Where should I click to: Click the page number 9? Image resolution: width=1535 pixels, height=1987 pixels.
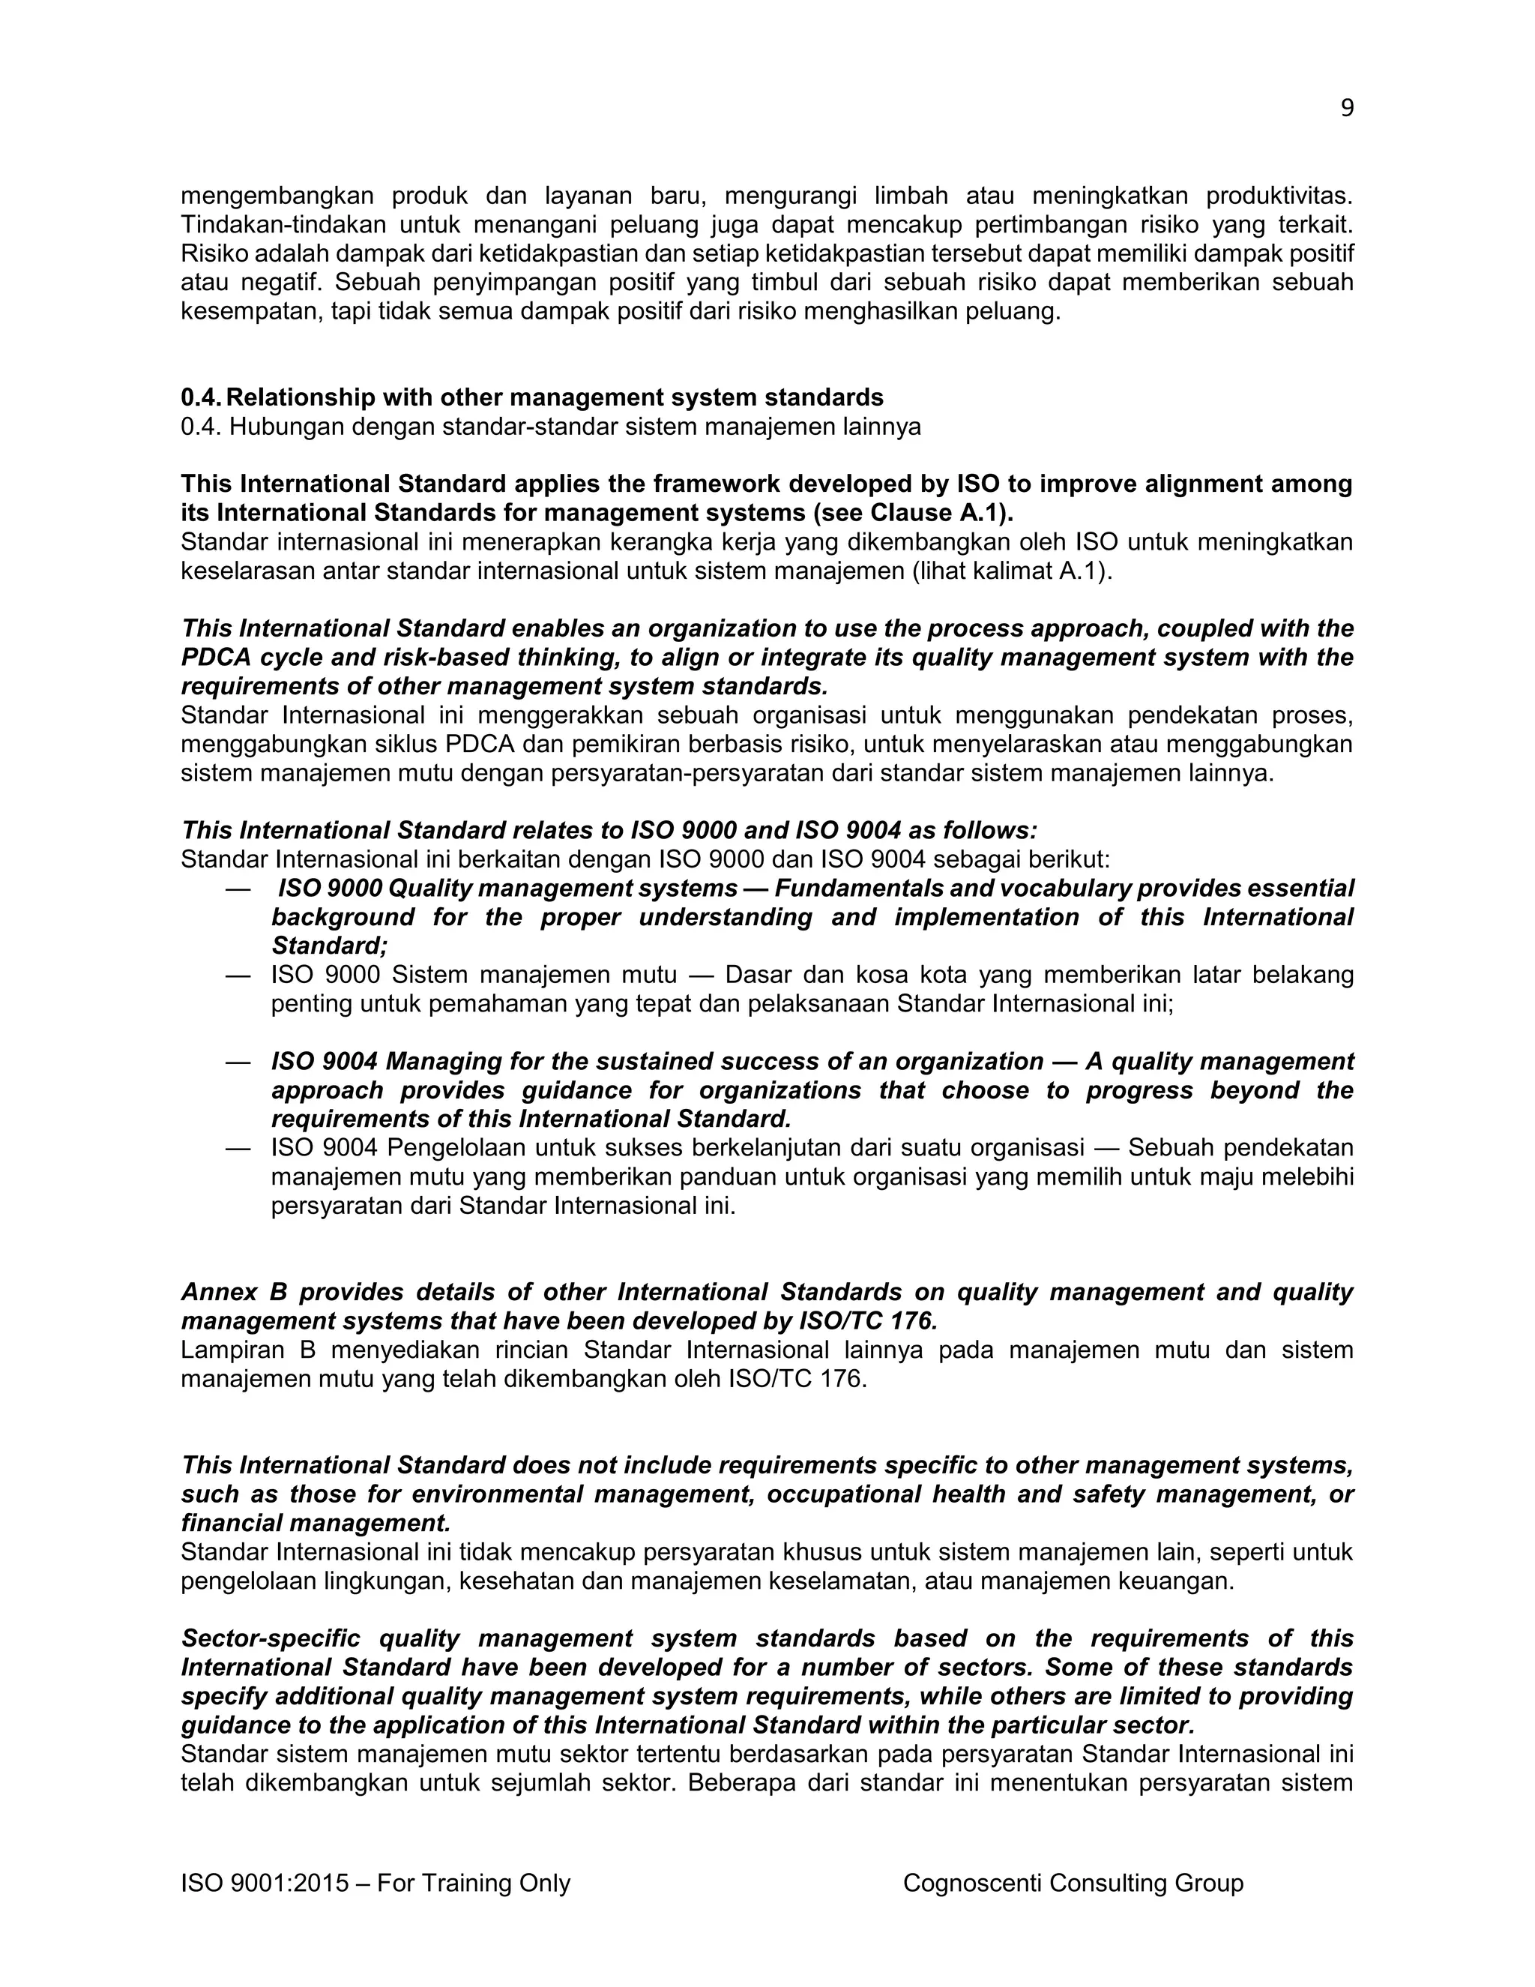1347,108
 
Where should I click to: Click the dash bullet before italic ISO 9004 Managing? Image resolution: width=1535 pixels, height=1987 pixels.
238,1062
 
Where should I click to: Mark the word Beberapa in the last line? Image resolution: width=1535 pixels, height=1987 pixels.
738,1783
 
